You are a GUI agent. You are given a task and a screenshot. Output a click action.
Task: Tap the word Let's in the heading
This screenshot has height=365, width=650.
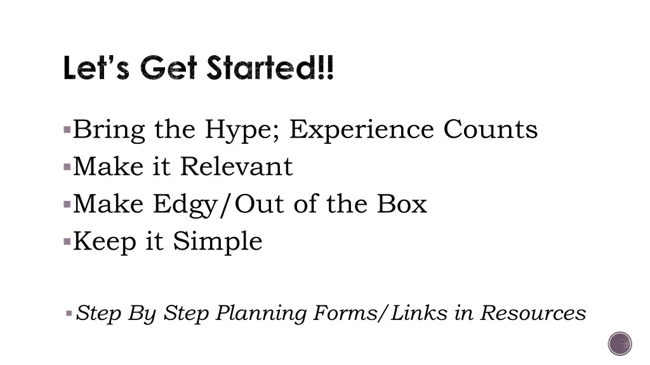click(x=96, y=68)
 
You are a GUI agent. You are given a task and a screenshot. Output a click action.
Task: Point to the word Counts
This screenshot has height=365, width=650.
click(x=490, y=129)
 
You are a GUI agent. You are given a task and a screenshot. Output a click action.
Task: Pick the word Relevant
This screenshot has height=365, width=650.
click(x=236, y=167)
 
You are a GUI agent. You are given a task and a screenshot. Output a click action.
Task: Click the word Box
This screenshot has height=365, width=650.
click(x=402, y=204)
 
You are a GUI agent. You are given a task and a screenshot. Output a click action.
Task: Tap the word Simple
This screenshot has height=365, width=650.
click(x=217, y=241)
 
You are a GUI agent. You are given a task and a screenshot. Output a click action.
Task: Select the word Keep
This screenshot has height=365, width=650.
click(x=105, y=241)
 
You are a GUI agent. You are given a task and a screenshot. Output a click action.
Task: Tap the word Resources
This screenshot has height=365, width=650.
click(x=533, y=312)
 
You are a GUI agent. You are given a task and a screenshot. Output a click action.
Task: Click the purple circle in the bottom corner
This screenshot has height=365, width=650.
click(x=620, y=344)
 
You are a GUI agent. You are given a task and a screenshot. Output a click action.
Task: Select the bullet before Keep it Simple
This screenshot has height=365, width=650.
click(x=67, y=242)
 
